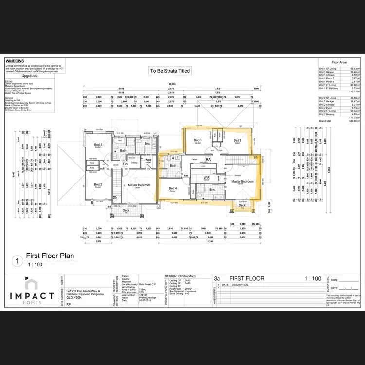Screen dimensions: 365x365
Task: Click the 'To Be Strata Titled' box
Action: [x=170, y=71]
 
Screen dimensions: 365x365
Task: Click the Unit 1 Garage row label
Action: [x=329, y=72]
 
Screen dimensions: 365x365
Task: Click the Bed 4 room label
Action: [x=173, y=188]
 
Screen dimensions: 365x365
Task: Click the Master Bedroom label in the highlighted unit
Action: [x=242, y=182]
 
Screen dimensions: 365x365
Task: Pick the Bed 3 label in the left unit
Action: [x=98, y=145]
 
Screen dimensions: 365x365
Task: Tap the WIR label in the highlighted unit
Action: [x=207, y=178]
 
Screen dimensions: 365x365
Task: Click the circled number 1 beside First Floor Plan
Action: [x=18, y=260]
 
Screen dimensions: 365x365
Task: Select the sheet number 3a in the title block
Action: [x=217, y=278]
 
